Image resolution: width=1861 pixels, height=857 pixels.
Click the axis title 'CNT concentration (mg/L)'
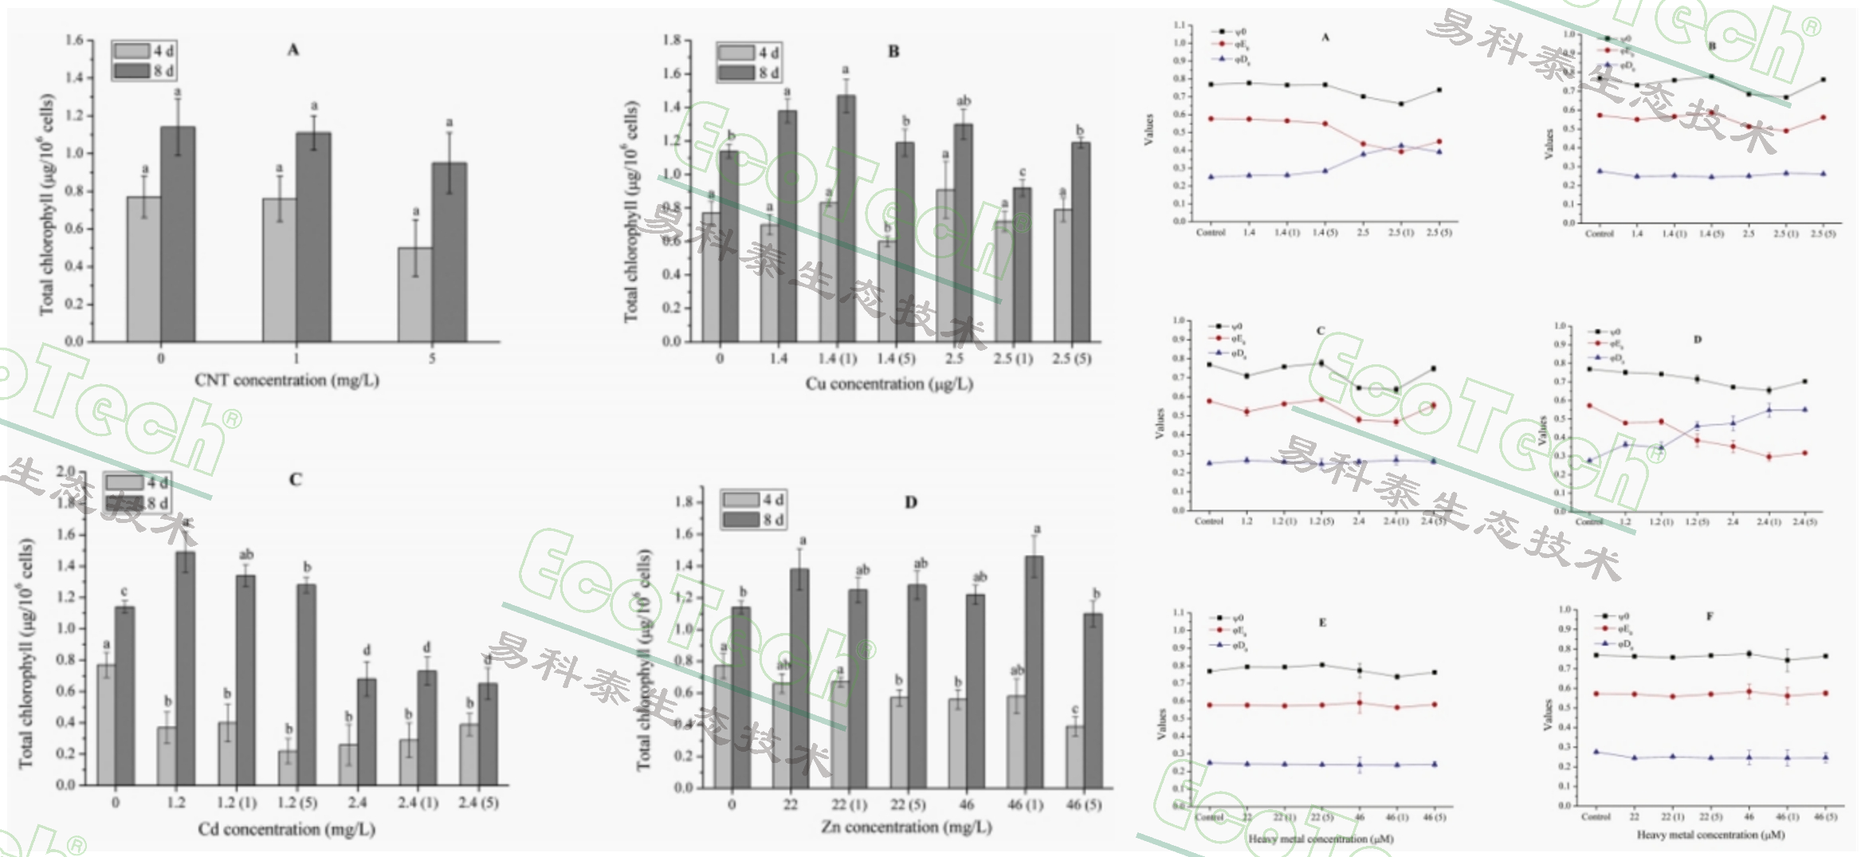[x=287, y=380]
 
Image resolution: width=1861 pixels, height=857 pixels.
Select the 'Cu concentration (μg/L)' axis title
[x=889, y=384]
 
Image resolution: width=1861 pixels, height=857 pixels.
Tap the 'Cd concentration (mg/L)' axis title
[x=286, y=830]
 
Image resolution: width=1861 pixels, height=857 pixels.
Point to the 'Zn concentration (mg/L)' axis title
[x=906, y=828]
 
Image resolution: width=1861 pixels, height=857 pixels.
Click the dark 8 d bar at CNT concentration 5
[x=450, y=252]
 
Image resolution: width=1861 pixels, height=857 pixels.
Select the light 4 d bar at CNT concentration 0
[x=143, y=269]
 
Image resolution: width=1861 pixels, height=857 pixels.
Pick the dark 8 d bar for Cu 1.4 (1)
[x=846, y=218]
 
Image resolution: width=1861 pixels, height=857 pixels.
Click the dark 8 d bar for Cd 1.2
[x=186, y=668]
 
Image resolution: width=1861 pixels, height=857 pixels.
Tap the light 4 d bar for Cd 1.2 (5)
[x=289, y=768]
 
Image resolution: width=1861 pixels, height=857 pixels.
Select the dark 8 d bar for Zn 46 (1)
[x=1035, y=671]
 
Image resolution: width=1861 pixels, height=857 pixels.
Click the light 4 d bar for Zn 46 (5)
[x=1075, y=756]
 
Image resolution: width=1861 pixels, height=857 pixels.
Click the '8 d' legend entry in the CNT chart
[x=143, y=71]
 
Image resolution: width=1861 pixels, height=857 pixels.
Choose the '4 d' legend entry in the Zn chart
[x=753, y=500]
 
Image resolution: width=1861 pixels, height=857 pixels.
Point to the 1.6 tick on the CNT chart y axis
[x=73, y=40]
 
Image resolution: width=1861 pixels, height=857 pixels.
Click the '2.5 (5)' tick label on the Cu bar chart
[x=1071, y=359]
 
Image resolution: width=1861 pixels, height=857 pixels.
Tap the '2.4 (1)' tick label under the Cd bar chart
[x=418, y=803]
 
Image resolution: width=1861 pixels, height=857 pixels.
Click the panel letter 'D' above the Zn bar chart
[x=911, y=502]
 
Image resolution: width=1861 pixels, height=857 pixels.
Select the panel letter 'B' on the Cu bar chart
[x=893, y=52]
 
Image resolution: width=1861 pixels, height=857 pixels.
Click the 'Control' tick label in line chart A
[x=1210, y=233]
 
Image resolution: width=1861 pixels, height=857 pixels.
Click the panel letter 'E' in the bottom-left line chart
[x=1322, y=623]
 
